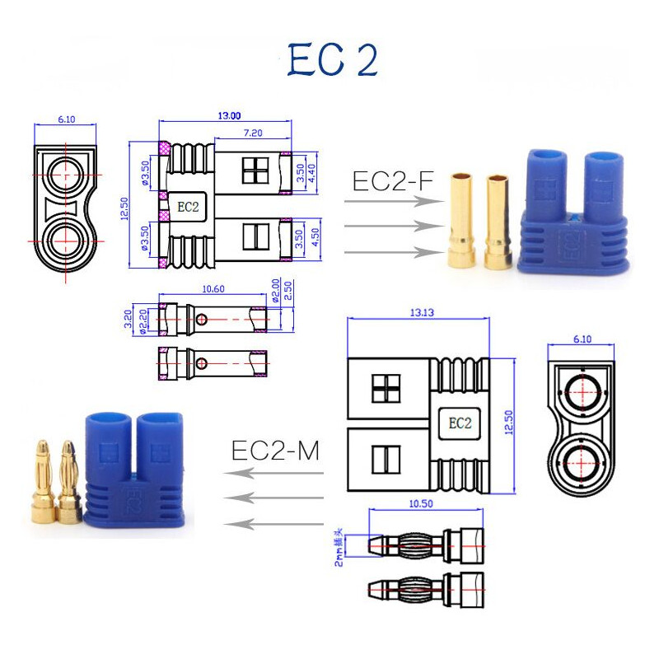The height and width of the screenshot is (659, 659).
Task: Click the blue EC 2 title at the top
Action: (x=333, y=60)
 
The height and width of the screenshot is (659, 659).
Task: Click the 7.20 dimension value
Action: (x=253, y=133)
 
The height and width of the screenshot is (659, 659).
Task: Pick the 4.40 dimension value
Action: (x=313, y=173)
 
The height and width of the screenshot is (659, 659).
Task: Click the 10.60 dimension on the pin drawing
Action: (x=213, y=289)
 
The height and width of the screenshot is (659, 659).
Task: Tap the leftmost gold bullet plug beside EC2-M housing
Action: (x=42, y=486)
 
